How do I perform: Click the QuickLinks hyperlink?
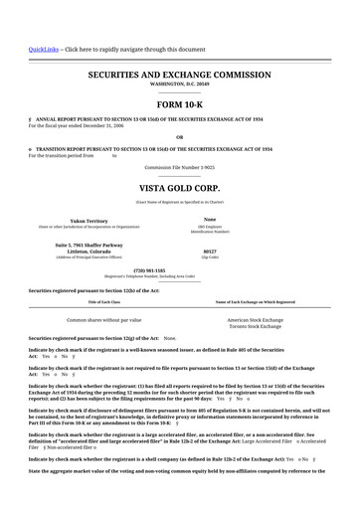click(x=43, y=49)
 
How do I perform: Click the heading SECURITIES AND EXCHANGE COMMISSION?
click(x=179, y=75)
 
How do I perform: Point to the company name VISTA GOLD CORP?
click(x=179, y=187)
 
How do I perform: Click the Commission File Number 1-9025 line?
click(x=179, y=168)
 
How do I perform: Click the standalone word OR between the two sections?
click(x=179, y=137)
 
